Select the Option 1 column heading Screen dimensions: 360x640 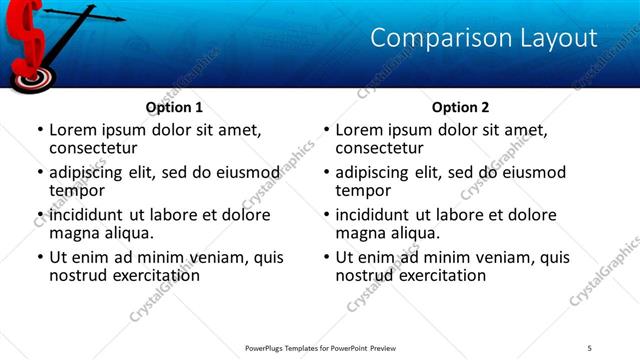pos(174,107)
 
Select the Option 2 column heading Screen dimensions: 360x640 pos(460,107)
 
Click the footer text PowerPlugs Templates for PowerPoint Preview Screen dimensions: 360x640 pos(318,349)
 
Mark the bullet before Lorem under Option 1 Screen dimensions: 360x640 pos(40,130)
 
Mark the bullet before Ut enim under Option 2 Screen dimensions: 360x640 pos(326,256)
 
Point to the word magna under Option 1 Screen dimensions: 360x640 pos(75,232)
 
